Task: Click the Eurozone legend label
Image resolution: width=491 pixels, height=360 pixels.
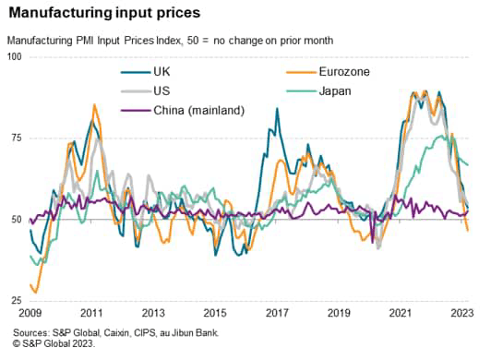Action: pyautogui.click(x=343, y=70)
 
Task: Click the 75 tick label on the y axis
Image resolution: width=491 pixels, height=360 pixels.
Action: pyautogui.click(x=16, y=138)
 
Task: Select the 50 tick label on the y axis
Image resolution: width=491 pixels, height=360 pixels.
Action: pyautogui.click(x=16, y=220)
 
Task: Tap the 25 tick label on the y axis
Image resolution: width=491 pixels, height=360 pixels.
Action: pyautogui.click(x=16, y=301)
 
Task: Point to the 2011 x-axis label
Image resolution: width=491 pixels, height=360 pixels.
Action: pyautogui.click(x=90, y=314)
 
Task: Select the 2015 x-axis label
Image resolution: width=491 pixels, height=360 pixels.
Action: pyautogui.click(x=215, y=314)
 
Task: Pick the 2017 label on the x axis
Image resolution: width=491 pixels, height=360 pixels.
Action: pyautogui.click(x=277, y=314)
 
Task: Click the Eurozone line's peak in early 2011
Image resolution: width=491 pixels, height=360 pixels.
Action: pyautogui.click(x=93, y=105)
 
